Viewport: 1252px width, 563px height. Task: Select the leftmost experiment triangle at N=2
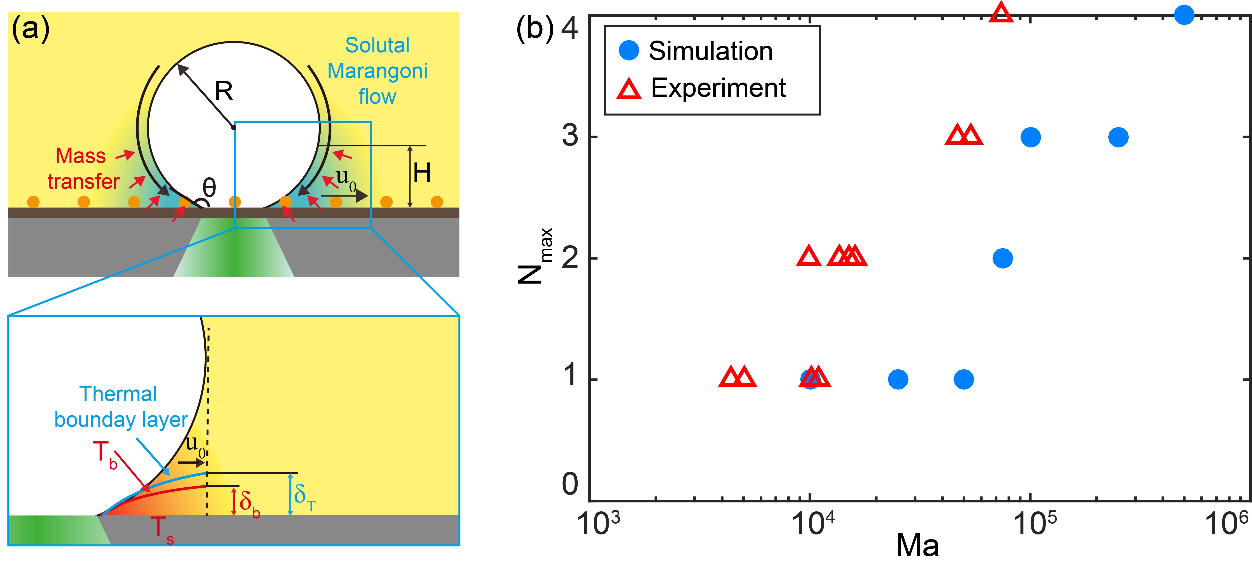809,256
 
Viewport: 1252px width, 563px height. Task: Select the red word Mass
81,156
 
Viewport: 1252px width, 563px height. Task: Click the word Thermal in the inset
118,394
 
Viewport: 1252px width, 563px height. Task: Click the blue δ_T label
304,497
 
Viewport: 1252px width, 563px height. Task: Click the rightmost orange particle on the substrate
437,202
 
